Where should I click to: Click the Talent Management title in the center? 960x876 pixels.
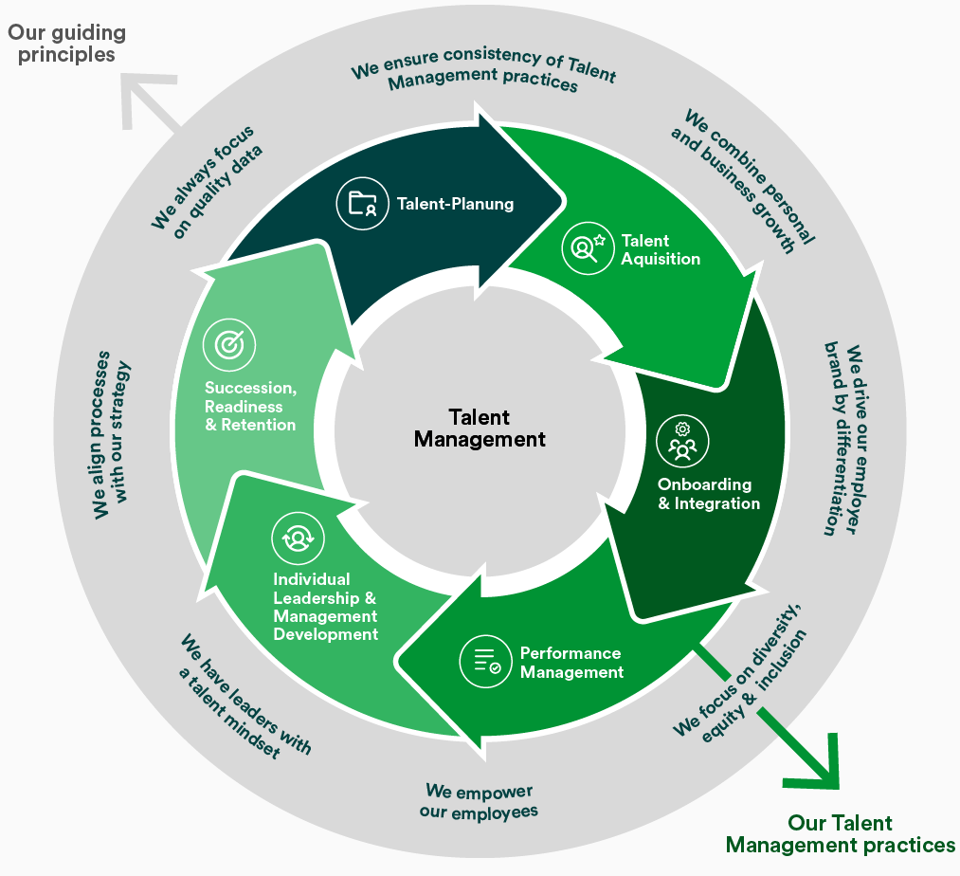(x=480, y=429)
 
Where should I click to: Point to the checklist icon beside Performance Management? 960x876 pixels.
(x=486, y=661)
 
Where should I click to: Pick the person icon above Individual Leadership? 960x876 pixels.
(x=298, y=538)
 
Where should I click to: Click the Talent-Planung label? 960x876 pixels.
(x=455, y=204)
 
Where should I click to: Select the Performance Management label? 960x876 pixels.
(x=571, y=663)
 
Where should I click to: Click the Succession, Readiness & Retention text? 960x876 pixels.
(x=251, y=406)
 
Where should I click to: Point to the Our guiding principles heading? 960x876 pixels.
(x=66, y=44)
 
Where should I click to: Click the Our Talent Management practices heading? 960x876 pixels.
(x=840, y=833)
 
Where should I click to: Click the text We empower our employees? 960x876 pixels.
(x=479, y=801)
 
